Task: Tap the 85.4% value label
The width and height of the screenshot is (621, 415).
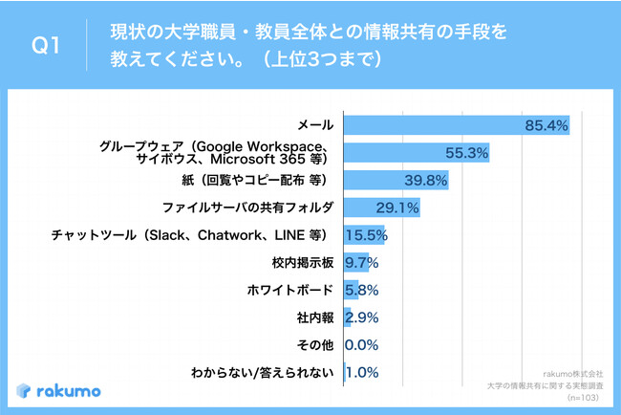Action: coord(546,124)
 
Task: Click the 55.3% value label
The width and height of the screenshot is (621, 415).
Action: coord(467,152)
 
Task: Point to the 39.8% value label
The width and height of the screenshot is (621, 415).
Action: coord(426,180)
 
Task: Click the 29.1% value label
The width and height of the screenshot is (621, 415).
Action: coord(397,207)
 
